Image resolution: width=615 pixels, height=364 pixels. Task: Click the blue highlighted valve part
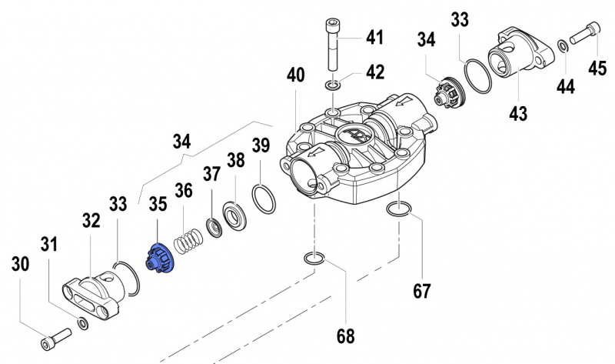(160, 258)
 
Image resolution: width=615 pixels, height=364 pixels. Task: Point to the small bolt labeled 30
(55, 336)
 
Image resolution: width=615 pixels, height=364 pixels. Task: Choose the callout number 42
(374, 72)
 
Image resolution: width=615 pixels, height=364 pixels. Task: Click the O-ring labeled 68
(313, 258)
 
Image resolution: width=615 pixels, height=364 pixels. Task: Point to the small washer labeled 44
(563, 45)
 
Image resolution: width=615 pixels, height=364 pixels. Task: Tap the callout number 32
(91, 222)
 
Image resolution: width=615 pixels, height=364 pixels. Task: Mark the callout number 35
(158, 204)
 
